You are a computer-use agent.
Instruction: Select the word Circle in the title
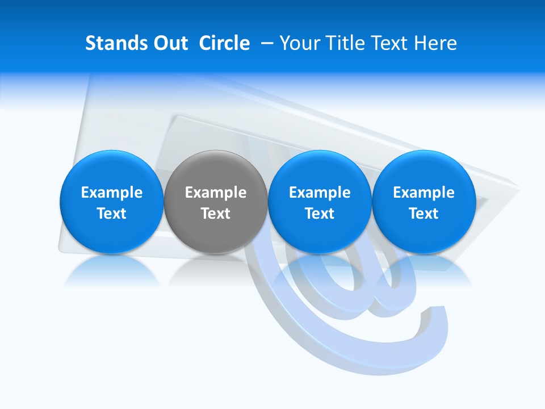pyautogui.click(x=224, y=43)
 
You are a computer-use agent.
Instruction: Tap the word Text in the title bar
pyautogui.click(x=392, y=43)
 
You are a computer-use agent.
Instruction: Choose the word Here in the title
pyautogui.click(x=437, y=43)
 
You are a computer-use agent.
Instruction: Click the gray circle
pyautogui.click(x=216, y=202)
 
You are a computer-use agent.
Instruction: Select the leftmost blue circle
pyautogui.click(x=111, y=202)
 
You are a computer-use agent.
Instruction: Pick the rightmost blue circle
pyautogui.click(x=424, y=202)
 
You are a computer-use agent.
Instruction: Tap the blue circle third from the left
pyautogui.click(x=320, y=202)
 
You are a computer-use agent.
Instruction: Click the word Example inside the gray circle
pyautogui.click(x=216, y=193)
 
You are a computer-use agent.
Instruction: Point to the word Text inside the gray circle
pyautogui.click(x=216, y=214)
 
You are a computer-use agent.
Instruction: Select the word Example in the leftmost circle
pyautogui.click(x=111, y=193)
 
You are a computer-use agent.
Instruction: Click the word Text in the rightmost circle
pyautogui.click(x=424, y=214)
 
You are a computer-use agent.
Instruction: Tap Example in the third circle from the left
pyautogui.click(x=320, y=193)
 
